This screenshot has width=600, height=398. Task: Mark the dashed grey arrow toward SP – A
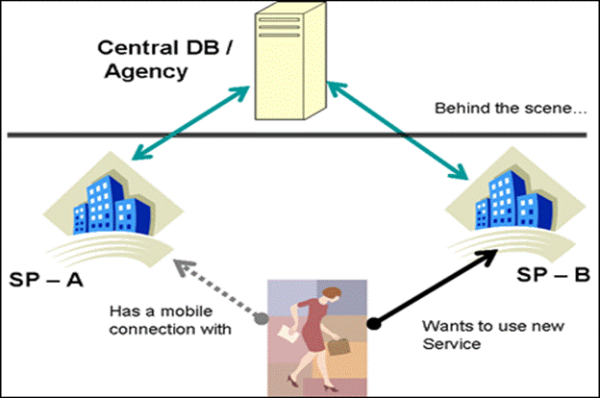pyautogui.click(x=216, y=286)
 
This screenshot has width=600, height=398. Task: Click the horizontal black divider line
pyautogui.click(x=300, y=134)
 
